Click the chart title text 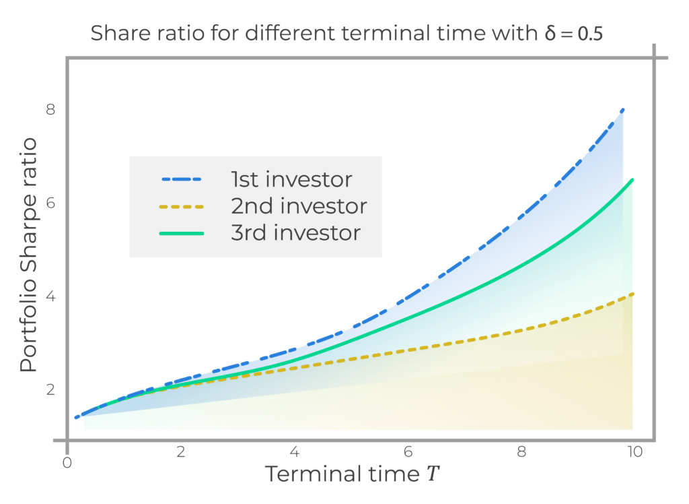click(x=347, y=33)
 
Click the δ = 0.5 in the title click(x=573, y=33)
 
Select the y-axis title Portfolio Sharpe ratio click(x=28, y=255)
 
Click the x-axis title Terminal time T click(x=352, y=474)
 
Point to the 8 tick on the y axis click(x=50, y=109)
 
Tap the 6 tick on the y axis click(x=50, y=203)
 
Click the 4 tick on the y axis click(x=50, y=296)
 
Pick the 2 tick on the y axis click(x=50, y=389)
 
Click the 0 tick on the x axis click(x=67, y=463)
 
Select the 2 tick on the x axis click(x=180, y=452)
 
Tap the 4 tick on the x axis click(x=295, y=452)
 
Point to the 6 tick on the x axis click(x=408, y=452)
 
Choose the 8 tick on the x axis click(x=521, y=452)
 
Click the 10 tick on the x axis click(x=635, y=452)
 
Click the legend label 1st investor click(x=291, y=180)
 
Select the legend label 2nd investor click(x=299, y=206)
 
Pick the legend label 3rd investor click(x=296, y=233)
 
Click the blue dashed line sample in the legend click(x=182, y=180)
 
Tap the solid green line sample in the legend click(x=182, y=233)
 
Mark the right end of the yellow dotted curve click(x=632, y=294)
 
